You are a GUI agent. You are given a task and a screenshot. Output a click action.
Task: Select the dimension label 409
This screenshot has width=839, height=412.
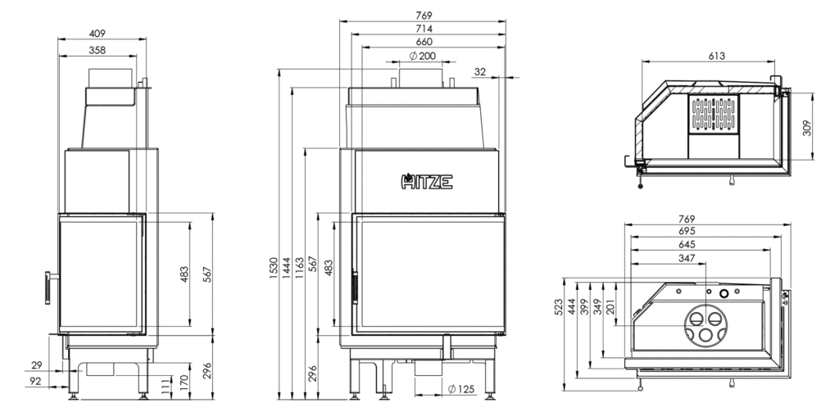tap(98, 34)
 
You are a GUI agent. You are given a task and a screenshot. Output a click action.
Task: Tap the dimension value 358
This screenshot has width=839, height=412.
tap(98, 51)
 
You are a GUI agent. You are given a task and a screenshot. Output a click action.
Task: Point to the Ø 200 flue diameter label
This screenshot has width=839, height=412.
tap(422, 56)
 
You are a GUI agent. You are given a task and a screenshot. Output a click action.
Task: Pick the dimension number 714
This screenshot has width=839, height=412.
tap(424, 29)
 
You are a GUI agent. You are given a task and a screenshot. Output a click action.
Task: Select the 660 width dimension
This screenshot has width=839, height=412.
tap(424, 42)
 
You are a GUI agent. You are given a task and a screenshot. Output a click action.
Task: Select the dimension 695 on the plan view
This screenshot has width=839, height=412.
tap(687, 232)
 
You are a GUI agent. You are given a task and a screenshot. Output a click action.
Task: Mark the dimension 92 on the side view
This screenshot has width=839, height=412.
tap(34, 381)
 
